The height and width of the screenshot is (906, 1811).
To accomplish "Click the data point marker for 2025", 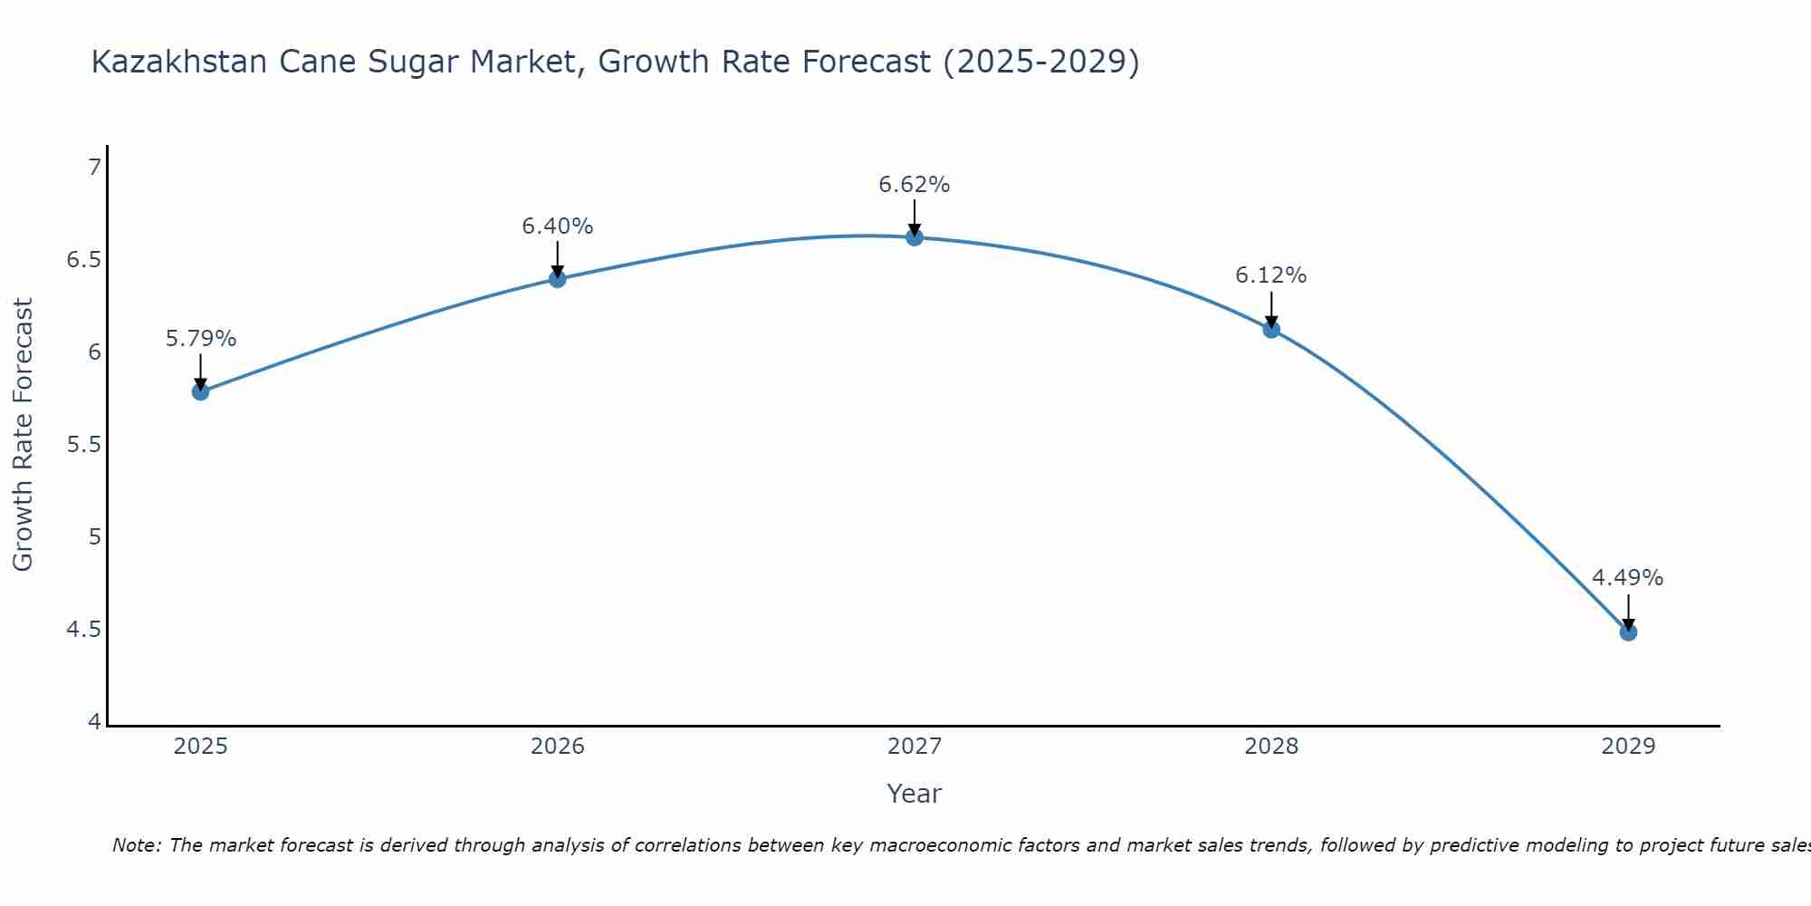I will coord(200,391).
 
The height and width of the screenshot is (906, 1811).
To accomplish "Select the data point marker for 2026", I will coord(558,278).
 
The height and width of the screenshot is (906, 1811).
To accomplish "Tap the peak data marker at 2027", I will coord(915,237).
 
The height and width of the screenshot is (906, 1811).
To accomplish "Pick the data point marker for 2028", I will coord(1271,329).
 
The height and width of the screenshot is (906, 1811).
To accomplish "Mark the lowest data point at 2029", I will coord(1628,631).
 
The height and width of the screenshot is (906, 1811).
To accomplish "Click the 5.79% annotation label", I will coord(200,339).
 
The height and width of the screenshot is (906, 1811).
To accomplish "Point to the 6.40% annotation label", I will coord(558,226).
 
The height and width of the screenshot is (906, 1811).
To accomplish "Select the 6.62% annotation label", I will coord(915,185).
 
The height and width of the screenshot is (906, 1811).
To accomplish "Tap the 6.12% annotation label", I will coord(1271,275).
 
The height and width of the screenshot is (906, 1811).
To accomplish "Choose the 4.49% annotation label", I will coord(1628,578).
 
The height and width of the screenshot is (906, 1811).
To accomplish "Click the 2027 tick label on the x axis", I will coord(915,747).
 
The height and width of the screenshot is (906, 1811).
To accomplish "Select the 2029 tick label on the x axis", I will coord(1628,747).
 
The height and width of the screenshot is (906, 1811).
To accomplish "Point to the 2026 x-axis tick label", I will coord(558,747).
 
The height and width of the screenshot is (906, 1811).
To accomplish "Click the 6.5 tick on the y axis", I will coord(83,260).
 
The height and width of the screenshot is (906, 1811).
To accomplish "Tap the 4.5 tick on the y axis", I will coord(83,630).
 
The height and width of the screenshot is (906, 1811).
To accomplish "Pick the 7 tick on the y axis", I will coord(94,168).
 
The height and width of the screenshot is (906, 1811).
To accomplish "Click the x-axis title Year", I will coord(915,794).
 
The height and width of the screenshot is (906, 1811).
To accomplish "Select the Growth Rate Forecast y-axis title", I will coord(24,434).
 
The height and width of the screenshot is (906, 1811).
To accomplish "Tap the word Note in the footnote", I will coord(136,845).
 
